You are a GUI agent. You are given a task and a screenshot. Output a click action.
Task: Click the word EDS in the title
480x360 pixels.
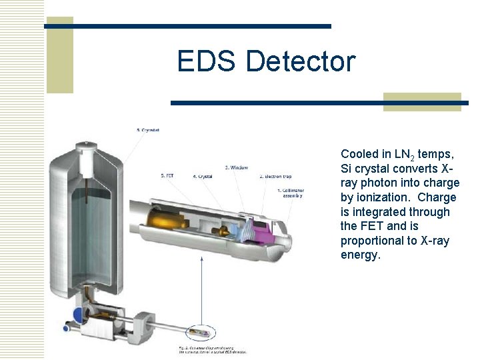pos(207,61)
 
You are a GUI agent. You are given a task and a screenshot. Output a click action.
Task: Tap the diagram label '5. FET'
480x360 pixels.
pos(168,175)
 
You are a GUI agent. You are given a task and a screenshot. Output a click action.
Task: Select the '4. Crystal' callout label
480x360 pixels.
pos(203,177)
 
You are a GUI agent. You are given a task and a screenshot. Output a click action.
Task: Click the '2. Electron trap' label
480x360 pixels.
pos(275,177)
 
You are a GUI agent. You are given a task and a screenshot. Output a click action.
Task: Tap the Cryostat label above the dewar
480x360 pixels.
pos(147,130)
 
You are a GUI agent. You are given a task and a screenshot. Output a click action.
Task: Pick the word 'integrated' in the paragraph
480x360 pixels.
pos(381,212)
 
